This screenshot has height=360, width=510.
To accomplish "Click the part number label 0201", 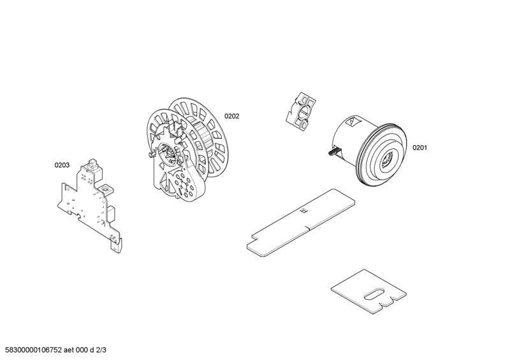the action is (419, 148).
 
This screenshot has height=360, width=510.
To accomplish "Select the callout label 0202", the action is (231, 117).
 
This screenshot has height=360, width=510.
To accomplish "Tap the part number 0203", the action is (62, 165).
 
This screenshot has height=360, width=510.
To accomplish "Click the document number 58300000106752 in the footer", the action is (31, 350).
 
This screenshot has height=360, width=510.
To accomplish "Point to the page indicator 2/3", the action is (101, 350).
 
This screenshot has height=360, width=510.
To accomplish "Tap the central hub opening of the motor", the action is (387, 159).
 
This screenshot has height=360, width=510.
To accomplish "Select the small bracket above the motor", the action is (300, 112).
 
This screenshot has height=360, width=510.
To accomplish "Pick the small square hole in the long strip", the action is (303, 212).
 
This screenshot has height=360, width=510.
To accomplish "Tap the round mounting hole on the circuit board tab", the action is (105, 189).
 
